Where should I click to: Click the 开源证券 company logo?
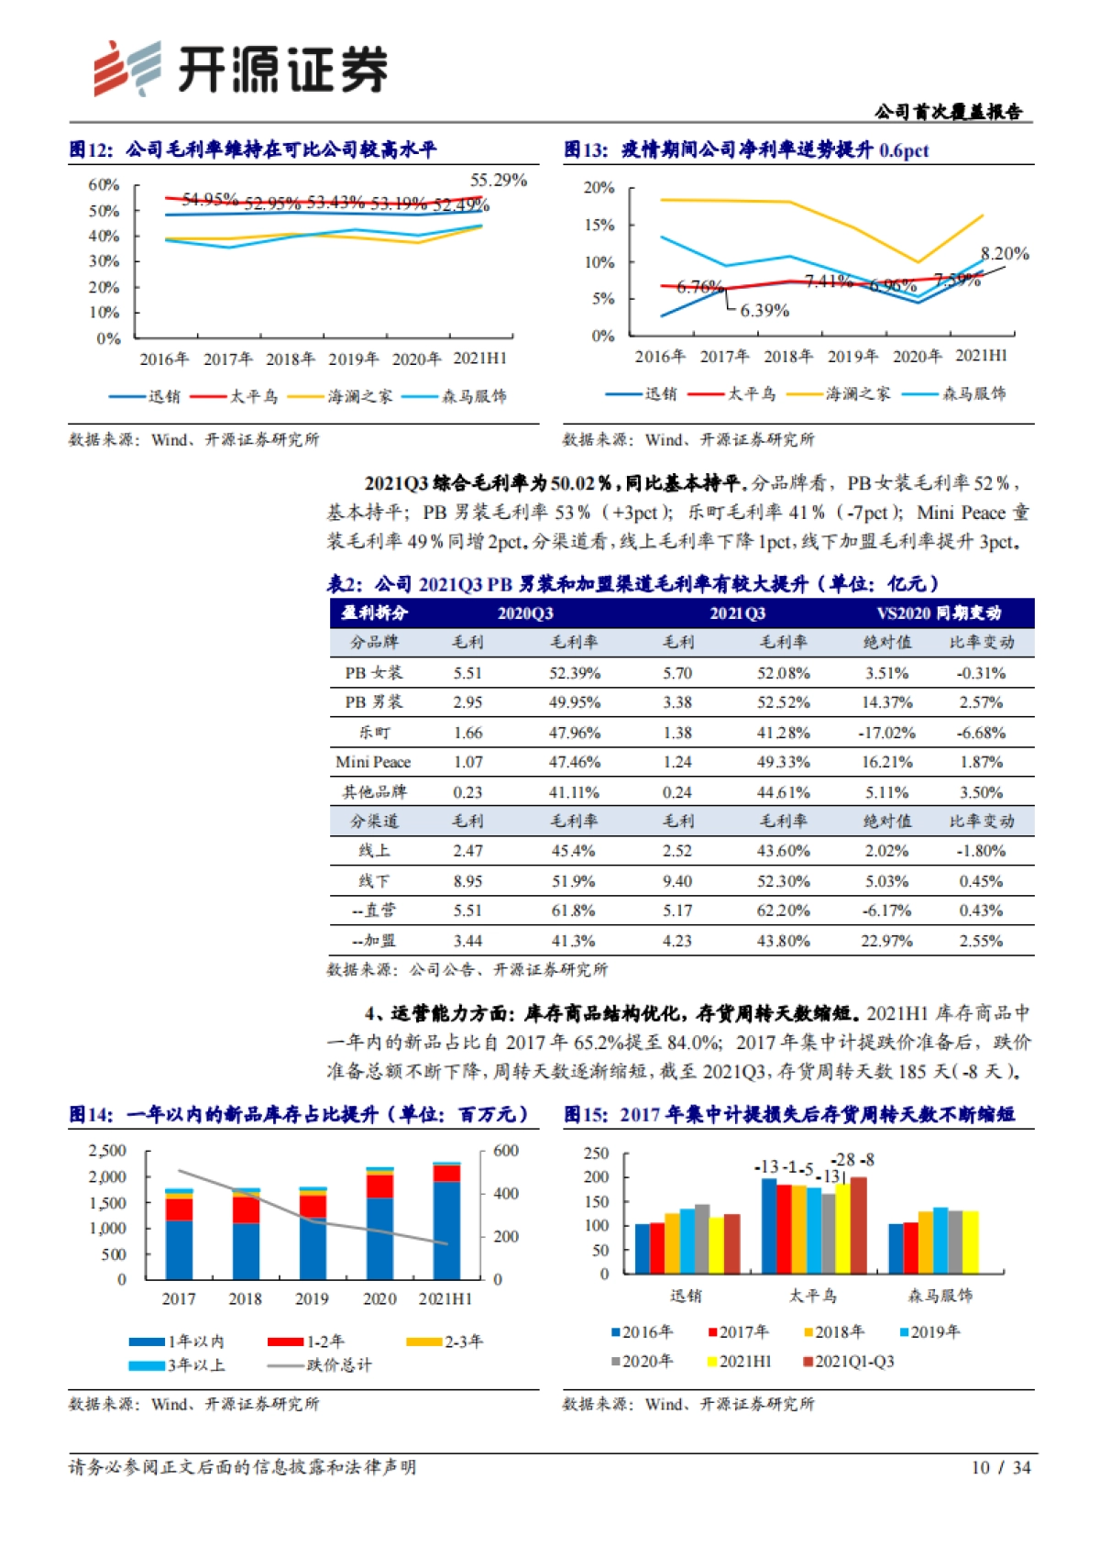coord(240,69)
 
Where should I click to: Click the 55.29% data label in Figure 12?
coord(498,180)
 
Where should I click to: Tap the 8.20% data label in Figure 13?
coord(1005,254)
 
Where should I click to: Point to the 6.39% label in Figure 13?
coord(764,311)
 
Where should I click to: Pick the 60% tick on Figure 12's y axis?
coord(104,184)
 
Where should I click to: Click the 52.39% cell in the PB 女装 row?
coord(575,673)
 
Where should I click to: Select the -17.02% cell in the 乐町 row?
coord(886,733)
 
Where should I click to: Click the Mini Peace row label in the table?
coord(373,762)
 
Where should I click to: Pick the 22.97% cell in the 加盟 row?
coord(886,941)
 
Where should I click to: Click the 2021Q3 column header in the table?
coord(737,613)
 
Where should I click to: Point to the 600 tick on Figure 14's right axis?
coord(506,1151)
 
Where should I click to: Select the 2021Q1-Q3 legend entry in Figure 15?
coord(853,1362)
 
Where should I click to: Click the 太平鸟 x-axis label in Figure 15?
coord(812,1296)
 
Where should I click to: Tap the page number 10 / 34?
coord(1001,1467)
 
